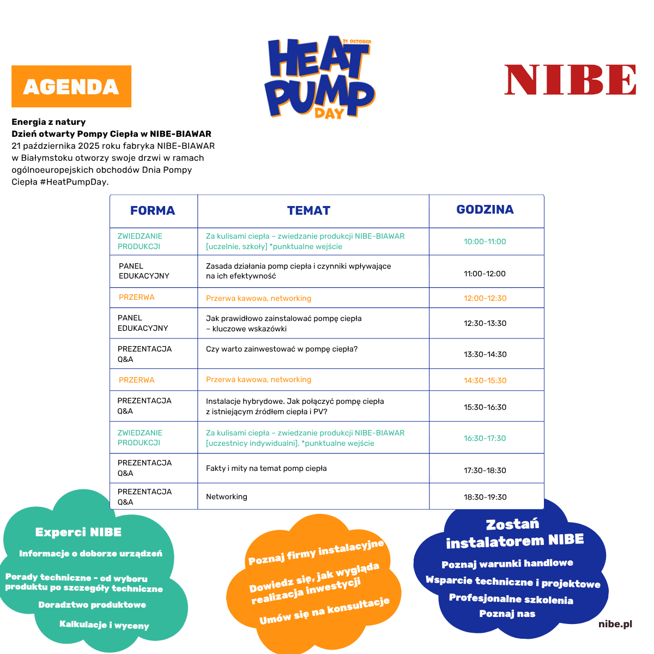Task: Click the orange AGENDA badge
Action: click(x=71, y=87)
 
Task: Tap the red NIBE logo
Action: click(x=570, y=80)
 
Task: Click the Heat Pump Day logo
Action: click(x=320, y=78)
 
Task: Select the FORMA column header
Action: click(x=153, y=211)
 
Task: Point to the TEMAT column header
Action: click(x=308, y=211)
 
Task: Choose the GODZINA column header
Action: click(x=485, y=210)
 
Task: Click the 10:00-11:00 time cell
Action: click(x=485, y=241)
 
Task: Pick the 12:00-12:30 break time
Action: click(x=485, y=298)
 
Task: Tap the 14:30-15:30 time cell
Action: click(x=485, y=380)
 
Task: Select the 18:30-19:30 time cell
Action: click(x=485, y=497)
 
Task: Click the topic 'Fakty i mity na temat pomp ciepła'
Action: click(x=266, y=468)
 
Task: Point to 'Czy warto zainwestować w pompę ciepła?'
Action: click(x=282, y=349)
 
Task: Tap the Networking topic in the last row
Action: click(x=227, y=496)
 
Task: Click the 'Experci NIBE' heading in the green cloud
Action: click(x=78, y=532)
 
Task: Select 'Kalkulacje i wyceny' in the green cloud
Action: click(x=104, y=625)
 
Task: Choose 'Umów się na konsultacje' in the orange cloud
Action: click(x=324, y=611)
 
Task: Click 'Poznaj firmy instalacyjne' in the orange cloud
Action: click(x=316, y=552)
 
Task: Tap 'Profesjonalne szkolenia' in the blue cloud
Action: click(x=511, y=599)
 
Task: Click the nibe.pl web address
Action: click(x=615, y=624)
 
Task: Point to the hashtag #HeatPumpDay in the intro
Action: click(x=74, y=181)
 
